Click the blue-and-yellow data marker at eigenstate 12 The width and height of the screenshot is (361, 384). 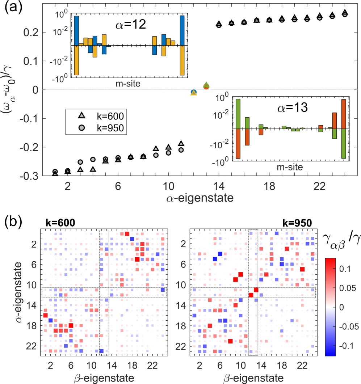(x=193, y=92)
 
